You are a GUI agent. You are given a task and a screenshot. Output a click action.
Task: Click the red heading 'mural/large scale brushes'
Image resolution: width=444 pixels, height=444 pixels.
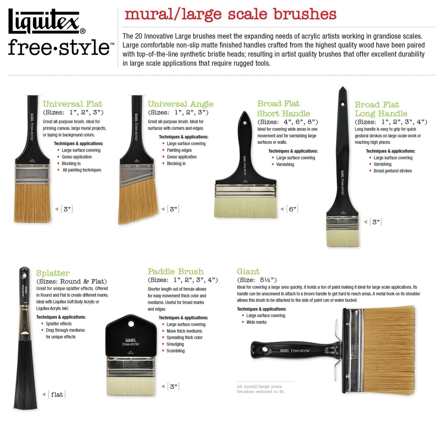click(x=230, y=14)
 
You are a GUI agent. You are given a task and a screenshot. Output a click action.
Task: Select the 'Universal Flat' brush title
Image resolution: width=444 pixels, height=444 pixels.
click(x=73, y=104)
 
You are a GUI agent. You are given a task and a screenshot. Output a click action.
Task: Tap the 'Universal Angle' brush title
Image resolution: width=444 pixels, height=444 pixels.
click(x=181, y=104)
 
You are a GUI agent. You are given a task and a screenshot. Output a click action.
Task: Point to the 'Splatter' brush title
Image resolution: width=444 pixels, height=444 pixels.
click(x=53, y=273)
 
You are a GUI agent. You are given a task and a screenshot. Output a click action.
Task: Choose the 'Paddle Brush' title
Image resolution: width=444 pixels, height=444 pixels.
click(x=176, y=271)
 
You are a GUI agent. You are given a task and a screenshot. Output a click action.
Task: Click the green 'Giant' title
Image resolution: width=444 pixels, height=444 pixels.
click(x=248, y=271)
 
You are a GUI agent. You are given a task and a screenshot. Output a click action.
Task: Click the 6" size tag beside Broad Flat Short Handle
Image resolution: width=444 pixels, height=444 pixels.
click(x=292, y=209)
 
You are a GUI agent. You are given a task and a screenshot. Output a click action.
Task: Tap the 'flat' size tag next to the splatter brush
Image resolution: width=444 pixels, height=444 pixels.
click(x=57, y=395)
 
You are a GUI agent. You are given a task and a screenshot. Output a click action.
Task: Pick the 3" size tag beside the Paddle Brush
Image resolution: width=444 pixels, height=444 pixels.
click(x=173, y=387)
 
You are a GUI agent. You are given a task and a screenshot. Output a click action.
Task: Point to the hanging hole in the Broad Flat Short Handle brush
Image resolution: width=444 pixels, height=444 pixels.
click(x=245, y=122)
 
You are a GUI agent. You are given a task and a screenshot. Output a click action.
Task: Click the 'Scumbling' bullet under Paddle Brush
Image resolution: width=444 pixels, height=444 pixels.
click(x=175, y=351)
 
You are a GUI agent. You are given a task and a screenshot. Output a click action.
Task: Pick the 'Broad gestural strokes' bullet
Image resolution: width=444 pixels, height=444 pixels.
click(x=392, y=171)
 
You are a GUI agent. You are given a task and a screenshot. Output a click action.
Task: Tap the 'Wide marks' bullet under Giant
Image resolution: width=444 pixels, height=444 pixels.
click(x=256, y=322)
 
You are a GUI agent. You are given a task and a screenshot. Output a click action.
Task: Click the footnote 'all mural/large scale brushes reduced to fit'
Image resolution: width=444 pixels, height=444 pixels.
click(x=260, y=389)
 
